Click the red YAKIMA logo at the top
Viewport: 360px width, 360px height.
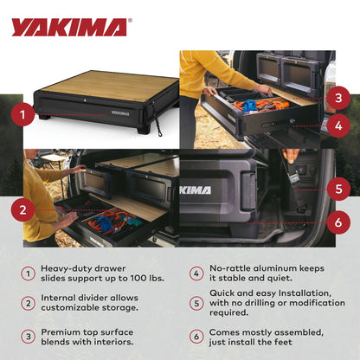coord(69,27)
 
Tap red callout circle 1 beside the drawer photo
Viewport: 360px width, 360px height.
coord(23,112)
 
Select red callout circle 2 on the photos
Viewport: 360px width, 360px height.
coord(23,209)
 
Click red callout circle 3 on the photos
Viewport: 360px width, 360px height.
coord(339,97)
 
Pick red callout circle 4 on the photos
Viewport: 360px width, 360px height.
coord(339,125)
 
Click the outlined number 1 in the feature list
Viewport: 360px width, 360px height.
coord(29,273)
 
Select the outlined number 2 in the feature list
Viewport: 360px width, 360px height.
coord(29,304)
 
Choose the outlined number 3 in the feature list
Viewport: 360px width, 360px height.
coord(29,335)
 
